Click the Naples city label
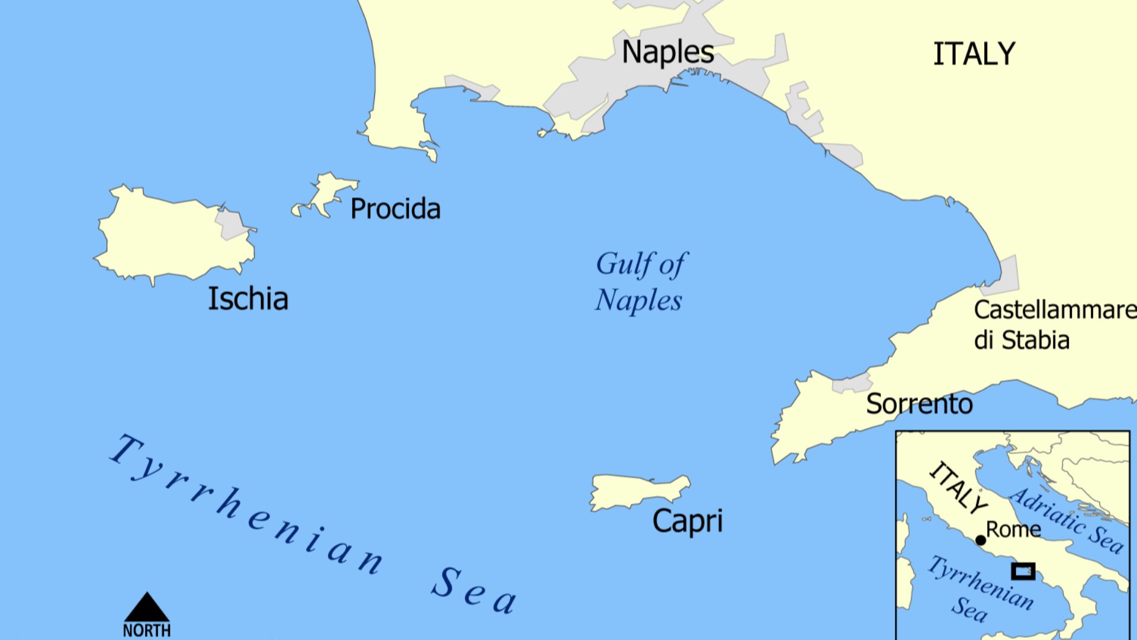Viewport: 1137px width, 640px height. point(667,53)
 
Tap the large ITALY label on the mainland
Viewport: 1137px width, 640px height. point(974,55)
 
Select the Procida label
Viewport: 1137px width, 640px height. point(395,209)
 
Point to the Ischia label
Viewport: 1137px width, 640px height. point(248,299)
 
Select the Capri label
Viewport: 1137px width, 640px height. point(687,521)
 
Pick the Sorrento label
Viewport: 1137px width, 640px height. point(919,404)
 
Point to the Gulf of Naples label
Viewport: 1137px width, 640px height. point(640,282)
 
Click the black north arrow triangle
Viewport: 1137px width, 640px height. point(147,609)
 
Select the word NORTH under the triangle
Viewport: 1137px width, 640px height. point(147,631)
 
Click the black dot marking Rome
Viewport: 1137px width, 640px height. point(981,540)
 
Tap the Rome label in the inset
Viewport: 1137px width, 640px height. point(1013,530)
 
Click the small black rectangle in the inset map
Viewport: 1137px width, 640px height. point(1023,571)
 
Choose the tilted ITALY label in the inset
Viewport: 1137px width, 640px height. point(958,488)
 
